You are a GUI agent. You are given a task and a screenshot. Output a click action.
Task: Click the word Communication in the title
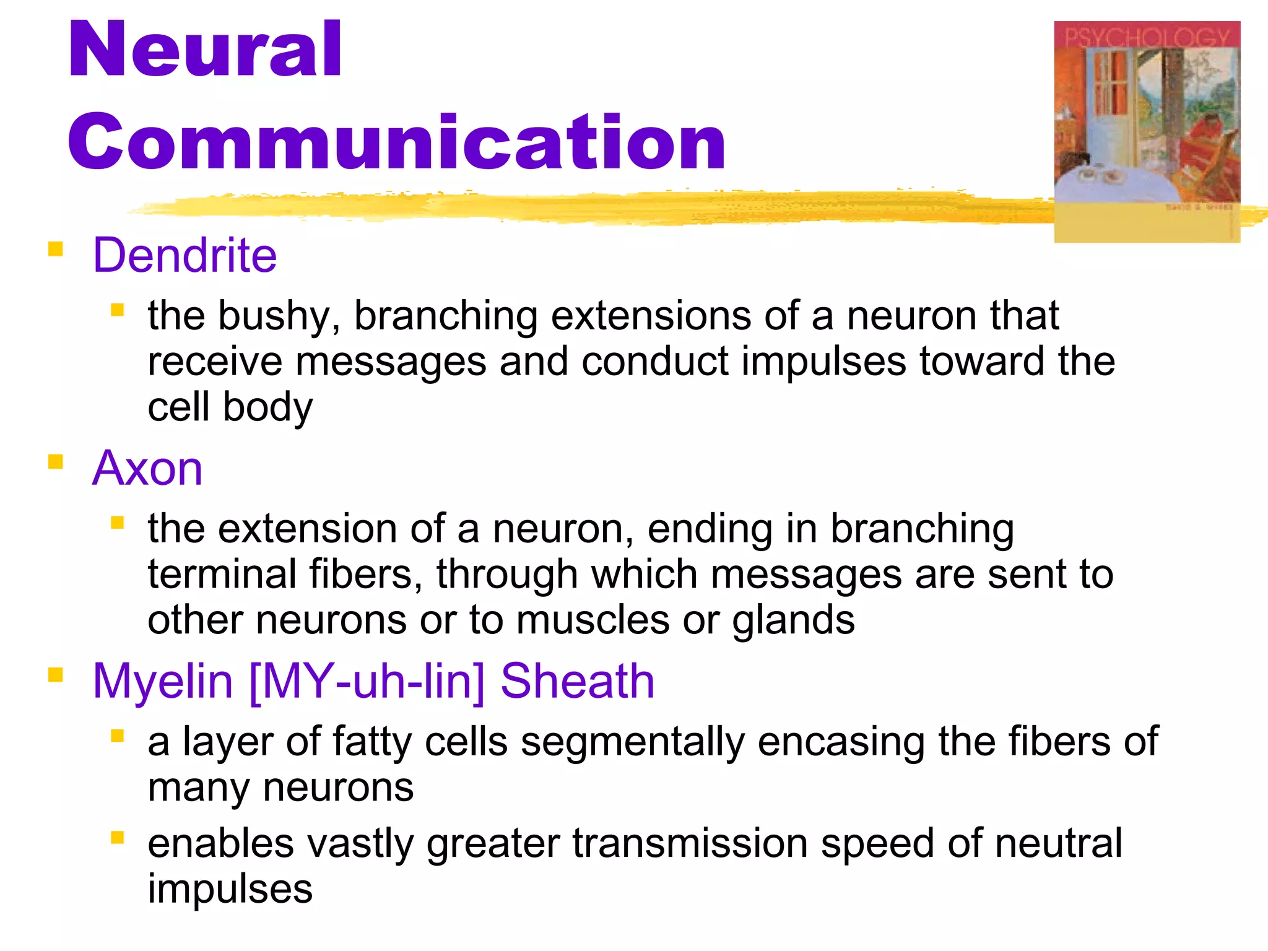coord(396,142)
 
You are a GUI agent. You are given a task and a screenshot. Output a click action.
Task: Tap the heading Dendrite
coord(185,255)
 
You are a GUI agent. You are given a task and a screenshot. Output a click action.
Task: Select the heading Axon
coord(147,469)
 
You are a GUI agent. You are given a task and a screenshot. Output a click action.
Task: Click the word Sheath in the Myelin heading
coord(577,681)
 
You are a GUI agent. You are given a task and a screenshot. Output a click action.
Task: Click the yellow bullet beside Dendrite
coord(56,249)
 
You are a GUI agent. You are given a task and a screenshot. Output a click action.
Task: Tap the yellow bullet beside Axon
coord(56,462)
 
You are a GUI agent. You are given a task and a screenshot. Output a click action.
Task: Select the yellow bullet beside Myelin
coord(56,674)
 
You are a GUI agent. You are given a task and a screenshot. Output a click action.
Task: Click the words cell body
coord(230,407)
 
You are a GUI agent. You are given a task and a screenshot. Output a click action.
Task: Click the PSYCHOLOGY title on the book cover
coord(1147,37)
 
